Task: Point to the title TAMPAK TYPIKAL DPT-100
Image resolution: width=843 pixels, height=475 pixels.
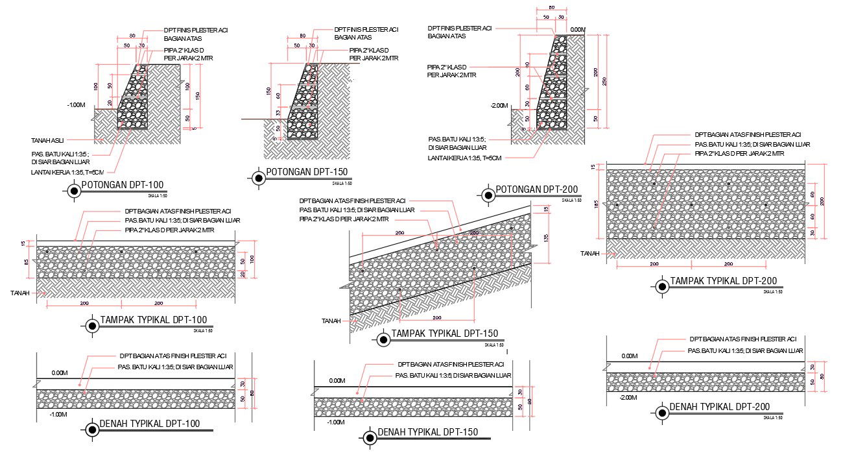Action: pyautogui.click(x=154, y=320)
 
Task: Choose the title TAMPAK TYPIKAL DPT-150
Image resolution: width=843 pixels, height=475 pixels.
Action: pyautogui.click(x=444, y=334)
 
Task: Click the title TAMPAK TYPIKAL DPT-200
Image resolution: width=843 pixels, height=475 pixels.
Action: pyautogui.click(x=723, y=281)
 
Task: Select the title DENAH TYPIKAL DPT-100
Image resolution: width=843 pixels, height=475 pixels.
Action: pyautogui.click(x=150, y=424)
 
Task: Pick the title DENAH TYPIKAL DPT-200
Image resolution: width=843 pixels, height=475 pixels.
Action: pyautogui.click(x=719, y=407)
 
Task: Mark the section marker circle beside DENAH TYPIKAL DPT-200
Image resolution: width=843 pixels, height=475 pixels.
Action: pyautogui.click(x=661, y=412)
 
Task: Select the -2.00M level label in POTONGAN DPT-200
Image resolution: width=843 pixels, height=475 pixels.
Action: pyautogui.click(x=500, y=105)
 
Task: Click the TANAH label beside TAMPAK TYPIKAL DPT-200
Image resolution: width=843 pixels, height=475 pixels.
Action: pyautogui.click(x=590, y=254)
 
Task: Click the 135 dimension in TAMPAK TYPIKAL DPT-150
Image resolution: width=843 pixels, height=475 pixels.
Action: pyautogui.click(x=546, y=238)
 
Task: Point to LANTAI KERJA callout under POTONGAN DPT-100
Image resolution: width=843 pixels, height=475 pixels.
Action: pyautogui.click(x=67, y=173)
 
